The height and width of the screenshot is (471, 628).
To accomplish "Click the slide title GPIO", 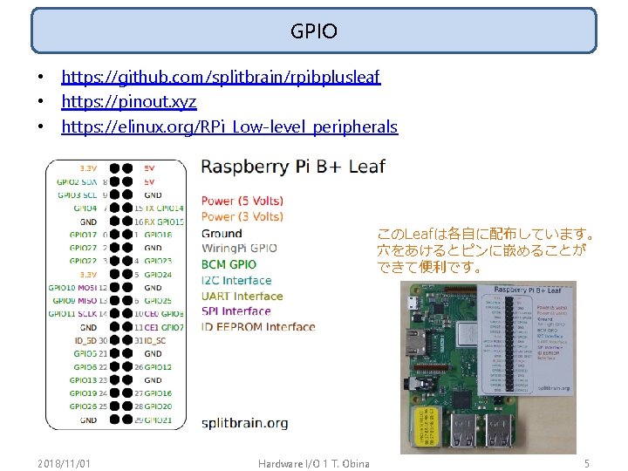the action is pyautogui.click(x=314, y=32).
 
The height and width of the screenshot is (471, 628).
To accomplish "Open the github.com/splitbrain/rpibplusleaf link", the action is pyautogui.click(x=221, y=78).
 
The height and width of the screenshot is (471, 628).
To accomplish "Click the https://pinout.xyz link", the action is pyautogui.click(x=128, y=102).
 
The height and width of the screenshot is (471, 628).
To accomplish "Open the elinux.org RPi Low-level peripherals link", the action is pyautogui.click(x=229, y=127).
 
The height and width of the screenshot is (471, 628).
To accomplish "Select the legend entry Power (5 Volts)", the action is pyautogui.click(x=242, y=201).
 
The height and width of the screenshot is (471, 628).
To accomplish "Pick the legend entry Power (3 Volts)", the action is pyautogui.click(x=242, y=216).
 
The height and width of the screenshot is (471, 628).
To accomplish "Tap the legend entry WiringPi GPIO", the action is pyautogui.click(x=239, y=249).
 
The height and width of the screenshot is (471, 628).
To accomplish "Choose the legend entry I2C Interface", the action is pyautogui.click(x=236, y=280).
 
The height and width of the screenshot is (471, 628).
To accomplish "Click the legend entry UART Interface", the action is pyautogui.click(x=242, y=296).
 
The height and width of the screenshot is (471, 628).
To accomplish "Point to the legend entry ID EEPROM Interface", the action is pyautogui.click(x=258, y=327).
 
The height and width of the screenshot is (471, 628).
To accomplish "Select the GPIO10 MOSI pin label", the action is pyautogui.click(x=73, y=287).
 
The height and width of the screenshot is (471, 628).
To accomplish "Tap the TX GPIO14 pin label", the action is pyautogui.click(x=164, y=208).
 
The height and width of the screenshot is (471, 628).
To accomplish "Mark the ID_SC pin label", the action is pyautogui.click(x=153, y=340).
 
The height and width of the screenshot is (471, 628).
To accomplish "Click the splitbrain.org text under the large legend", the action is pyautogui.click(x=244, y=423).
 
